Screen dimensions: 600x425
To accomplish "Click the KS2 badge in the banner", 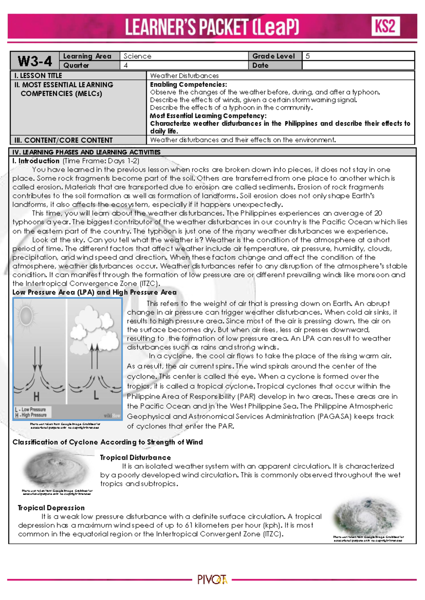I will tap(386, 26).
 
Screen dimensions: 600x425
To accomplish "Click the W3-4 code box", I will tap(35, 61).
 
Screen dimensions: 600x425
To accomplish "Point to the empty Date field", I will tap(358, 65).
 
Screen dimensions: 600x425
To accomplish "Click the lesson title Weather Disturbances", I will tap(184, 75).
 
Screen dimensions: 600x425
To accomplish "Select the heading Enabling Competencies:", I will tap(188, 85).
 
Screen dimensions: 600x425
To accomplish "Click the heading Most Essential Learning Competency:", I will tap(208, 116).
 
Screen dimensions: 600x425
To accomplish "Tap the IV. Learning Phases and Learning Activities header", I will tap(86, 152).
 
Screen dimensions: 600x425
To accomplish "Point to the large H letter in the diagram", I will tap(36, 397).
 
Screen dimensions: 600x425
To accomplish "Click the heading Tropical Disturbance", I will tap(135, 457).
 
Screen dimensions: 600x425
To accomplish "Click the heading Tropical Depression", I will tap(51, 508).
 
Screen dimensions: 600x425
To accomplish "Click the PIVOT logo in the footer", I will tap(212, 580).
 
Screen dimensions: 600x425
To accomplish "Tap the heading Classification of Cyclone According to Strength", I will tap(107, 442).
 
